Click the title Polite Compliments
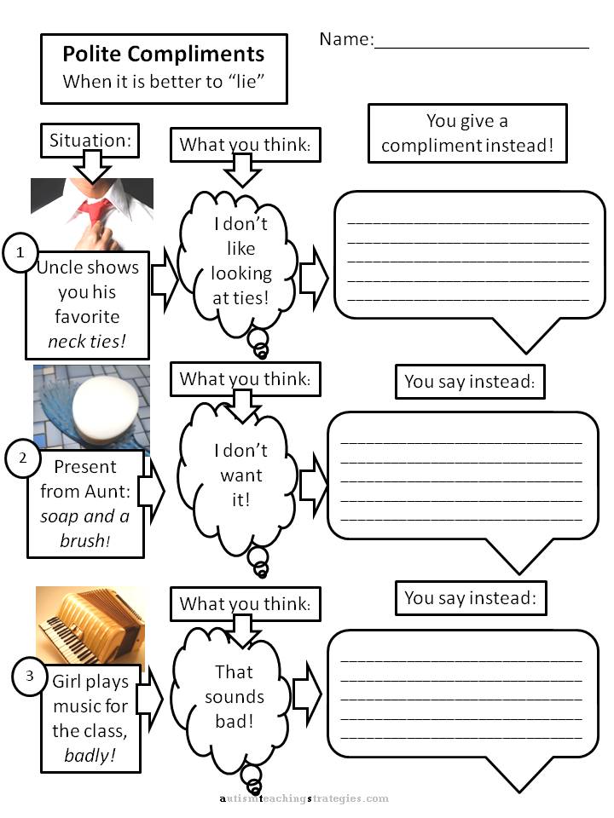coord(164,55)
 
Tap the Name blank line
coord(481,48)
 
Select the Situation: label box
coord(90,141)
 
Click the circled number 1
coord(20,252)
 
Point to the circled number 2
coord(22,458)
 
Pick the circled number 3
coord(29,676)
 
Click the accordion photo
coord(90,625)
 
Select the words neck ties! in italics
coord(87,342)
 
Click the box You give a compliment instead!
coord(467,134)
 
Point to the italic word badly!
coord(90,756)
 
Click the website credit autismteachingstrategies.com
coord(304,798)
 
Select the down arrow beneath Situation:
coord(92,166)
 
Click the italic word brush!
coord(85,541)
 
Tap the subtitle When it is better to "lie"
coord(164,82)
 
